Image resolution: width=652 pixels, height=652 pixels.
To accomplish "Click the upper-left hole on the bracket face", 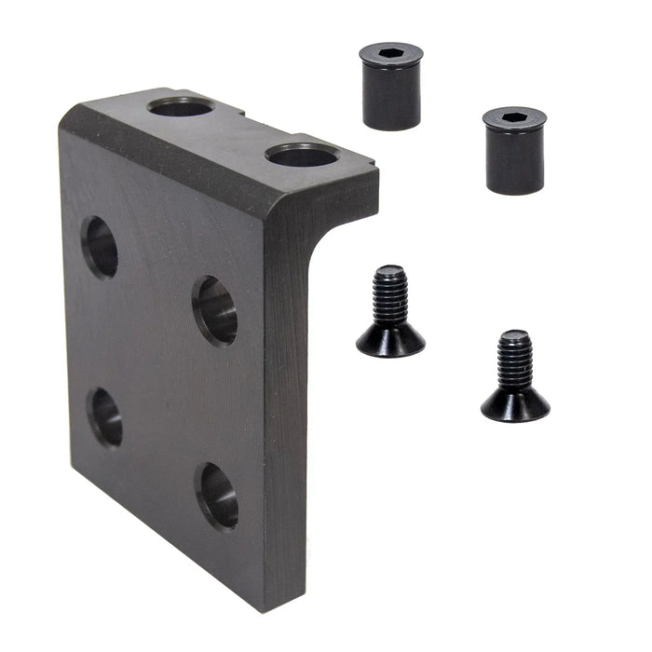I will [x=100, y=247].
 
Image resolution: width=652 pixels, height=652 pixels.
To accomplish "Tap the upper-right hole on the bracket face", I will [x=215, y=310].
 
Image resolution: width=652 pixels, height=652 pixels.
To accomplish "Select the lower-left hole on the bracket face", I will [x=105, y=416].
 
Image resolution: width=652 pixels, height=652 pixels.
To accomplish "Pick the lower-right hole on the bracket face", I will [x=217, y=495].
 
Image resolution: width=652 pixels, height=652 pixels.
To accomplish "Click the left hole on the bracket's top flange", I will [x=181, y=107].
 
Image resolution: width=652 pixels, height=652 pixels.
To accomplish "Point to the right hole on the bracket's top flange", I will [x=300, y=156].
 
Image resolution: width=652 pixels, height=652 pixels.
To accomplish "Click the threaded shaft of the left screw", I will [x=389, y=293].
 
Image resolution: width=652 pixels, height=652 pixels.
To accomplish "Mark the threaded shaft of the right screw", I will [x=514, y=360].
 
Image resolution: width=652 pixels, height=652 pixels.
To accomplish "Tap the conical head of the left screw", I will [x=390, y=339].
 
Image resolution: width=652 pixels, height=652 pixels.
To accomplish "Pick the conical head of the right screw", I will [x=515, y=402].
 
